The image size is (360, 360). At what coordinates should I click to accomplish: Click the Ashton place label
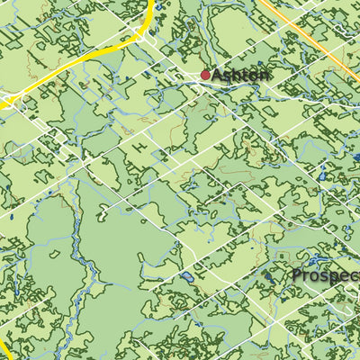pos(240,76)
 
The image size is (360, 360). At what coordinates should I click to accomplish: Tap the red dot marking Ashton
pos(205,76)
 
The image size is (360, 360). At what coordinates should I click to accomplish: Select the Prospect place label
pos(326,275)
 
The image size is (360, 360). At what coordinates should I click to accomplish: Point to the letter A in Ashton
pos(219,76)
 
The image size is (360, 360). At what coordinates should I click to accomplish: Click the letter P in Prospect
pos(298,275)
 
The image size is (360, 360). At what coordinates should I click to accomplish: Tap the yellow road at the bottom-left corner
pos(4,348)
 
